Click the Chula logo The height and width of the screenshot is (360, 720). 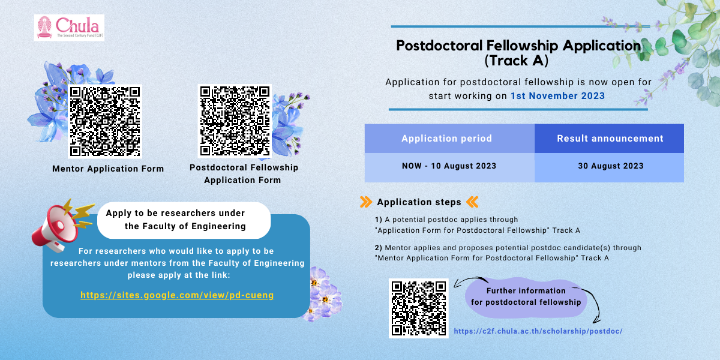click(69, 28)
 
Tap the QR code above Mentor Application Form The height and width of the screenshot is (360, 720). click(105, 122)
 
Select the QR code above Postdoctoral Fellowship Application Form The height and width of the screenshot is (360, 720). click(235, 121)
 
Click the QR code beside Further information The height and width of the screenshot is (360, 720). click(419, 308)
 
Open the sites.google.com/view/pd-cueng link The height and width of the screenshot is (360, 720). click(177, 295)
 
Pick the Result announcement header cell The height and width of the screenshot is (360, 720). click(610, 139)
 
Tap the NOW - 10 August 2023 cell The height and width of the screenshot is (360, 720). click(449, 166)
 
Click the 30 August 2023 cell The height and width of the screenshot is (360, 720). click(610, 166)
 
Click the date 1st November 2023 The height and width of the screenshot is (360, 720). click(557, 95)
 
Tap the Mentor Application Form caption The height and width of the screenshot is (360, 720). click(108, 169)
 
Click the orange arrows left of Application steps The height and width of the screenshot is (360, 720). click(365, 202)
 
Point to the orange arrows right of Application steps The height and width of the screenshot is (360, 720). click(472, 202)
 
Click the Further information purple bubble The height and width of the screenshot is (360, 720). click(526, 296)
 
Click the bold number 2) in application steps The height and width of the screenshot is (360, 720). click(379, 247)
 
